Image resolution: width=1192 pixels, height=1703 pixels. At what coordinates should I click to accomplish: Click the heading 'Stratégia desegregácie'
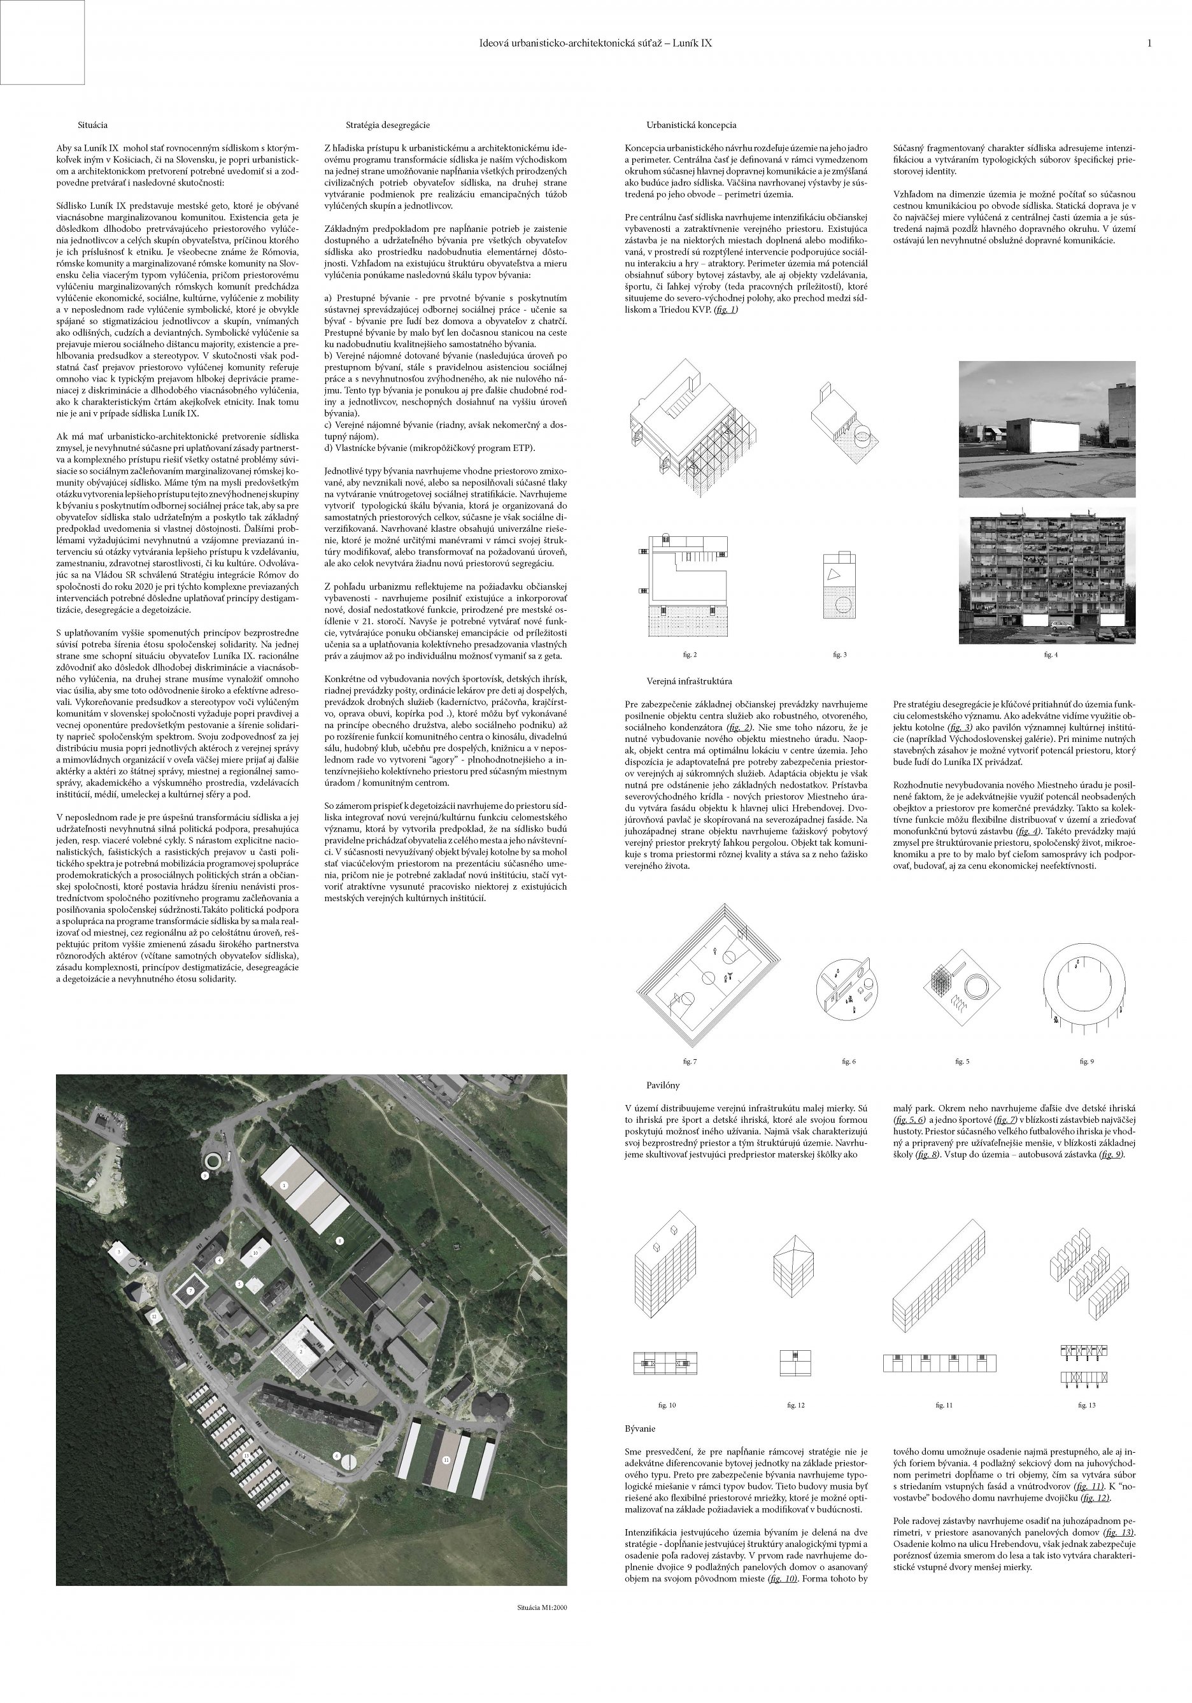coord(387,125)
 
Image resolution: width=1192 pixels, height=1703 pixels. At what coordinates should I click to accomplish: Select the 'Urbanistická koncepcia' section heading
coord(692,125)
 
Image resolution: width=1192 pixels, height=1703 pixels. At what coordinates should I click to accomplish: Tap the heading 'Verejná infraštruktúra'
coord(689,680)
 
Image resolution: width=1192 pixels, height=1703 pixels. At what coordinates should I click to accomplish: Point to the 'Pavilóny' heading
coord(662,1085)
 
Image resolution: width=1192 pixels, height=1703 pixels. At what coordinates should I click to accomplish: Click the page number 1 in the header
coord(1149,44)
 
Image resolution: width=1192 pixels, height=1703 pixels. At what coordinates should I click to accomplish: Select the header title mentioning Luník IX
coord(595,44)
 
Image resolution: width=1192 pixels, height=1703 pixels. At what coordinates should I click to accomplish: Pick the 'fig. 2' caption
coord(690,654)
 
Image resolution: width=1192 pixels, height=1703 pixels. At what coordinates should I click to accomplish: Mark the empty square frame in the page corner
coord(42,42)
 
